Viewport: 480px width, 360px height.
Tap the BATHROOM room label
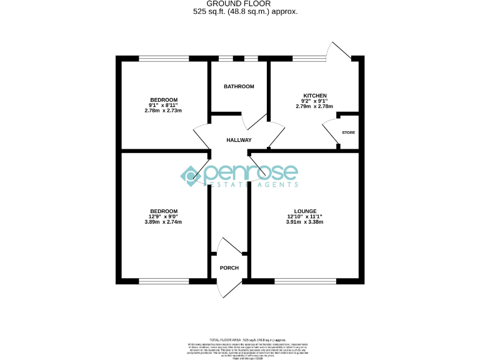239,86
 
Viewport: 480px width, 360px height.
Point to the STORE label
348,132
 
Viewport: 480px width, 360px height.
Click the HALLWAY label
239,140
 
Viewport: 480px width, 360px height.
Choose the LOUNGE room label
305,211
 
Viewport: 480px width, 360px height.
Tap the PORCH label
229,268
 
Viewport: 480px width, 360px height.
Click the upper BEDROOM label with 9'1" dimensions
163,100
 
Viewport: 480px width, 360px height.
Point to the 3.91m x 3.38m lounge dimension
305,222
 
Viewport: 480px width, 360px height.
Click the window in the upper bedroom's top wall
164,59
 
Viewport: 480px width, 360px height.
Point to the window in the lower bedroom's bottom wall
164,281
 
